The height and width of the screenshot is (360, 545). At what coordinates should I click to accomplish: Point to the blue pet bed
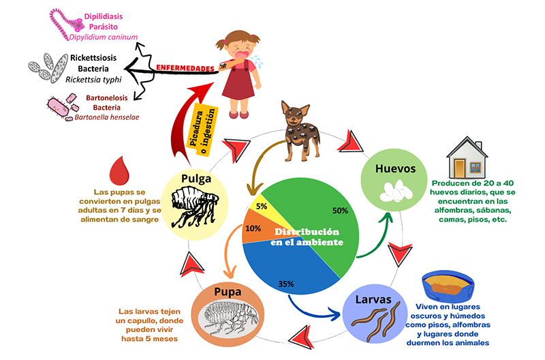[x=448, y=287]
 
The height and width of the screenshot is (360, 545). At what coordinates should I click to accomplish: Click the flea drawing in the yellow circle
[x=195, y=207]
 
